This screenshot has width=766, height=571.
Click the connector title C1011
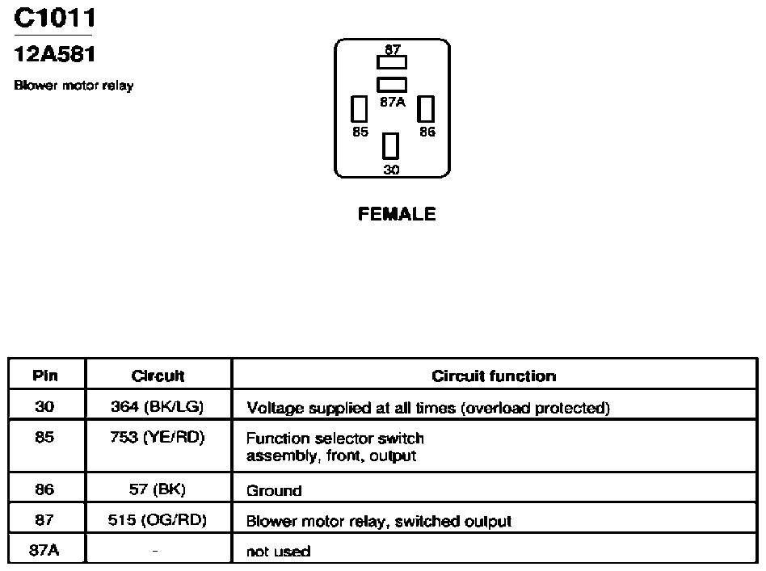(55, 18)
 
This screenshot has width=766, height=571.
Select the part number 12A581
(55, 54)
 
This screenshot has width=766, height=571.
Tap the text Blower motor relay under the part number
(74, 86)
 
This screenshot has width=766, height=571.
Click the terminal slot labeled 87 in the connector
(392, 62)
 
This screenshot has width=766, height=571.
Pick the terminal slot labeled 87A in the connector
(392, 85)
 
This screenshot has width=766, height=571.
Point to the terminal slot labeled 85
(359, 108)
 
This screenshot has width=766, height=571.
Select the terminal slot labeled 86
(426, 108)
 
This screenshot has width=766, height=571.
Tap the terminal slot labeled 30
(390, 146)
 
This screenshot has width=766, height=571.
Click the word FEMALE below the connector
(397, 214)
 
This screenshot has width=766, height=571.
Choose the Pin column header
(45, 376)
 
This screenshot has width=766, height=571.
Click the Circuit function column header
(494, 376)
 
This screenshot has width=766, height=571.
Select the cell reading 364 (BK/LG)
(158, 406)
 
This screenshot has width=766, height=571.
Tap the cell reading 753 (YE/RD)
(158, 437)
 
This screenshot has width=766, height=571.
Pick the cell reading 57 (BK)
(158, 489)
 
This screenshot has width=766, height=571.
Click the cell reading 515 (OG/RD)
(158, 519)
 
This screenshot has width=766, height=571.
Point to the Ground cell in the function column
(274, 490)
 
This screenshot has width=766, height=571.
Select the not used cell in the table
(279, 552)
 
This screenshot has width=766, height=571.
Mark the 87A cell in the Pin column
(44, 551)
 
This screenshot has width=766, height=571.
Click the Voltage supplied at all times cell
(428, 408)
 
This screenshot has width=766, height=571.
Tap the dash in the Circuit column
(155, 551)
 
